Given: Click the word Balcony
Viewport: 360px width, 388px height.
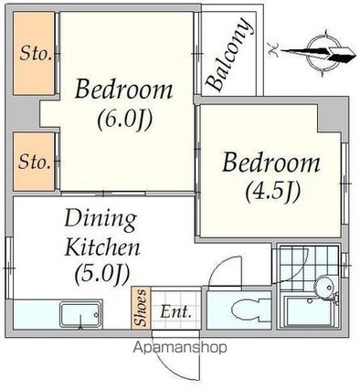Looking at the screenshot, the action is (229, 55).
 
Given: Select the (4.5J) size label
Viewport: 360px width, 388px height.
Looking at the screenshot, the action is (273, 191).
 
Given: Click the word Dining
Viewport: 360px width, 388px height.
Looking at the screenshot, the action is (101, 220).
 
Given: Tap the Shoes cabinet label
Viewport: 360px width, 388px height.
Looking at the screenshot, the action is (141, 308).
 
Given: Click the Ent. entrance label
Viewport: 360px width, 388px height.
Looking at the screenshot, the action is (176, 312).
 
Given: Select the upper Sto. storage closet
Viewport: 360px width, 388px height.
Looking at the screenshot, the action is (34, 54).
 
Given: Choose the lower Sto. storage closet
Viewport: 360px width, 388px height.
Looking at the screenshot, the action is (34, 162).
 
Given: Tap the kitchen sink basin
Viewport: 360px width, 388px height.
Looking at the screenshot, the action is (80, 314).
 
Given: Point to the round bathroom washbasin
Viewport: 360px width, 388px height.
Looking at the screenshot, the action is (323, 286).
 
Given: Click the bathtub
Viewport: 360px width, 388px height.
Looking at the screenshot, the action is (310, 311).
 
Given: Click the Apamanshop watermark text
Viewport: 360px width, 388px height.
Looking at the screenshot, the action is (180, 348).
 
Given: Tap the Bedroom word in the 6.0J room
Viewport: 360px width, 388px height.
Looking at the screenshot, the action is (123, 89).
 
